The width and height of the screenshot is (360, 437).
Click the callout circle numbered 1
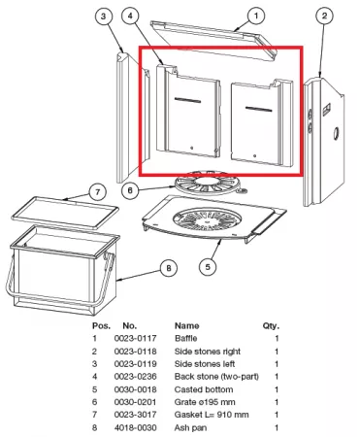coord(256,16)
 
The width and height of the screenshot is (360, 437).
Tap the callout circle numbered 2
coord(324,16)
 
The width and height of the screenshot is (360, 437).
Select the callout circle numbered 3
coord(103,17)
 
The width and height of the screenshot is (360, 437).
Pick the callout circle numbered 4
coord(130,16)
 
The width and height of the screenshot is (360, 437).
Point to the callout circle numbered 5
coord(208,267)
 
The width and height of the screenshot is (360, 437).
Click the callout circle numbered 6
coord(130,190)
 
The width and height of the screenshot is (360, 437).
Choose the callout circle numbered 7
coord(97,192)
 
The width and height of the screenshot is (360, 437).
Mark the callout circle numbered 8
coord(169,268)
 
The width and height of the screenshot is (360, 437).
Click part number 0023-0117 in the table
coord(135,338)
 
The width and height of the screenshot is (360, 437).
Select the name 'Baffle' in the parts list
coord(185,338)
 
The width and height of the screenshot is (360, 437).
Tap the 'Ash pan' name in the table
coord(190,428)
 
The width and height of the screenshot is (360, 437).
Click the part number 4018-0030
coord(135,427)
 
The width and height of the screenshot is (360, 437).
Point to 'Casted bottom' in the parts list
coord(204,389)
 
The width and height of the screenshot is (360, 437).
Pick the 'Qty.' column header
coord(271,326)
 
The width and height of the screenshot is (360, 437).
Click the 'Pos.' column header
coord(101,325)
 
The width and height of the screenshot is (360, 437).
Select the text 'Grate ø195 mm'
coord(205,402)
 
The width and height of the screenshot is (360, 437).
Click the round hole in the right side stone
coord(337,133)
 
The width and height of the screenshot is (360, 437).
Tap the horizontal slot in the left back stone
coord(187,100)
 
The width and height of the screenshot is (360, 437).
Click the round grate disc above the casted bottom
coord(208,184)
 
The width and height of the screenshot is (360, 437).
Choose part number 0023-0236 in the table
coord(135,377)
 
